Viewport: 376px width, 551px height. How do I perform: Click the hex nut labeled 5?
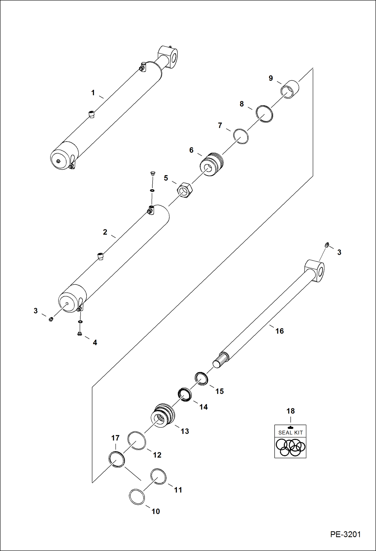(x=185, y=190)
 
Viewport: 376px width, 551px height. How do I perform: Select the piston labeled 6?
(x=211, y=164)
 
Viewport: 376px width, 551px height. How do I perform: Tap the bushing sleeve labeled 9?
(x=290, y=89)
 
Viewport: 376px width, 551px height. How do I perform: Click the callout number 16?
(x=279, y=331)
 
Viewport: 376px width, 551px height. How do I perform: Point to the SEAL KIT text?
(x=290, y=432)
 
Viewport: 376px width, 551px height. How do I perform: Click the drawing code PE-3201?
(x=345, y=534)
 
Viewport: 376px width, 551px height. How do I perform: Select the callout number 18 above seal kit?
(x=290, y=411)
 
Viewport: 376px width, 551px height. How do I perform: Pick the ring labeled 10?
(x=137, y=497)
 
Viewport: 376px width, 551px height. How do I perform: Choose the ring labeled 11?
(x=158, y=476)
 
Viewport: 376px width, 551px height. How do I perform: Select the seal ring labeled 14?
(x=185, y=395)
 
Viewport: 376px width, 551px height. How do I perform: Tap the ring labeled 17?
(x=116, y=459)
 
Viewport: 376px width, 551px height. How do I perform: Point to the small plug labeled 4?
(x=80, y=334)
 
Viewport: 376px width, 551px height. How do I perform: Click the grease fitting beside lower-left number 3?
(x=51, y=319)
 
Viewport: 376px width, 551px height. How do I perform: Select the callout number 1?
(x=93, y=93)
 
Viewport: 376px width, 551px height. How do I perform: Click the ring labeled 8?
(x=264, y=114)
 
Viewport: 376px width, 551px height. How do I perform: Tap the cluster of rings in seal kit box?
(x=290, y=447)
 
